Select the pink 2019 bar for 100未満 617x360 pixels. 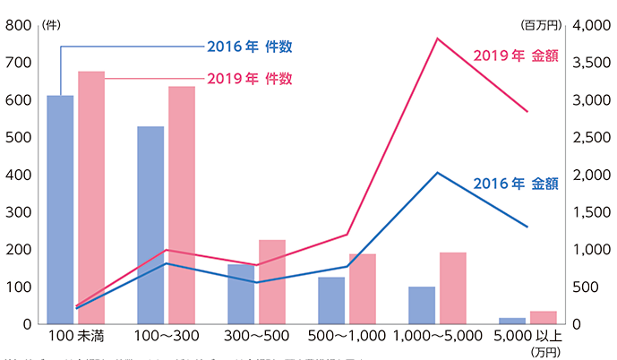(x=91, y=197)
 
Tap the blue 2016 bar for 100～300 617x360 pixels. (x=150, y=225)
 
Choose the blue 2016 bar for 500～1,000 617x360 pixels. (x=331, y=300)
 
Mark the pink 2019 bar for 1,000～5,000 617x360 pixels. (x=452, y=287)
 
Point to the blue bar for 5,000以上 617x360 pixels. (x=512, y=320)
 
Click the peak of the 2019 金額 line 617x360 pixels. (x=438, y=39)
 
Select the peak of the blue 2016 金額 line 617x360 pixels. (x=438, y=172)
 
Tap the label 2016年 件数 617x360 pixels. (x=249, y=46)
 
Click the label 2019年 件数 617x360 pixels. (x=249, y=78)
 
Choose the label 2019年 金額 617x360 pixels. (x=515, y=56)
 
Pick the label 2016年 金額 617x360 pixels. (x=515, y=184)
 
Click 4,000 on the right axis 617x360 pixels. (x=594, y=26)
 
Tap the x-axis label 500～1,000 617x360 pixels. (x=347, y=337)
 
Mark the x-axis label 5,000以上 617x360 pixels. (x=528, y=337)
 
